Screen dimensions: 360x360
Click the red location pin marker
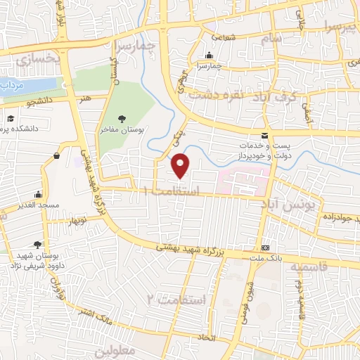[x=181, y=165]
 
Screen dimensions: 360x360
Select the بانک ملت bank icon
[x=265, y=247]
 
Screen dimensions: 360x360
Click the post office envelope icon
[x=264, y=136]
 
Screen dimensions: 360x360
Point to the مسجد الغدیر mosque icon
[x=37, y=195]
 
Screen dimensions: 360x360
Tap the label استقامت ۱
[x=171, y=191]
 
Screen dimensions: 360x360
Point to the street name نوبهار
[x=77, y=221]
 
